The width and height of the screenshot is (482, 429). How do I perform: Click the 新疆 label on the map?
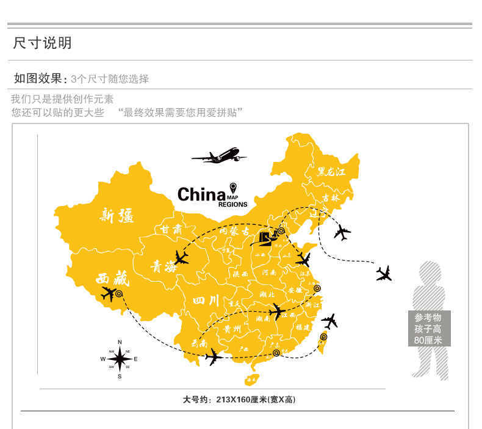117,215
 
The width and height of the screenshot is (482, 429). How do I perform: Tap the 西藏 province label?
113,279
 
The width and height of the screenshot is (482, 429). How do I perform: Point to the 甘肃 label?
171,230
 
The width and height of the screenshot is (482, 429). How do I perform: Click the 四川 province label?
205,301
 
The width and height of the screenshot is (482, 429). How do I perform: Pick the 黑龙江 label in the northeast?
331,172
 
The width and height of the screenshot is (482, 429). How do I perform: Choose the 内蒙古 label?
234,232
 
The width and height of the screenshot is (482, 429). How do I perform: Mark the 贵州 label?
232,329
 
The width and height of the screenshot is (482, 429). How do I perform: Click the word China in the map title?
201,194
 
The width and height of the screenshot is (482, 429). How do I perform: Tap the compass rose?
120,359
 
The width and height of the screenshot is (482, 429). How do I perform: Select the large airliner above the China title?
219,155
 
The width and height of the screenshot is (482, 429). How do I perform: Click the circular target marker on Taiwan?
323,337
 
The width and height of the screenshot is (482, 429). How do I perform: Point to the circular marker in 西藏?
119,294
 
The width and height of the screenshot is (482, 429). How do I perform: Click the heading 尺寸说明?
43,43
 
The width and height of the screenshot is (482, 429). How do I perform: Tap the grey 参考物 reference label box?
429,329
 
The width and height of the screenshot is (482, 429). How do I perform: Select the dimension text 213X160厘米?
239,400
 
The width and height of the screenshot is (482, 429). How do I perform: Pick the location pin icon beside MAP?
232,187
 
